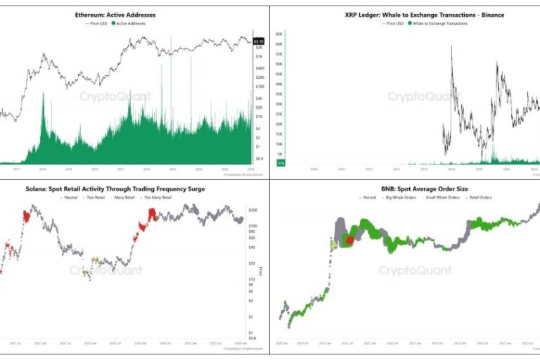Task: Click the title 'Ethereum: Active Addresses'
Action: [115, 15]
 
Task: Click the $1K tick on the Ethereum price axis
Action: [259, 56]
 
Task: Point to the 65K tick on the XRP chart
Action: [279, 34]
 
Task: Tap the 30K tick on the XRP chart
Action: [279, 104]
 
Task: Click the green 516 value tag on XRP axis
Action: [280, 163]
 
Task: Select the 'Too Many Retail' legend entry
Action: [158, 198]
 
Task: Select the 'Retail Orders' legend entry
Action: [480, 198]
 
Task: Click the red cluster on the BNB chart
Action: [350, 240]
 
